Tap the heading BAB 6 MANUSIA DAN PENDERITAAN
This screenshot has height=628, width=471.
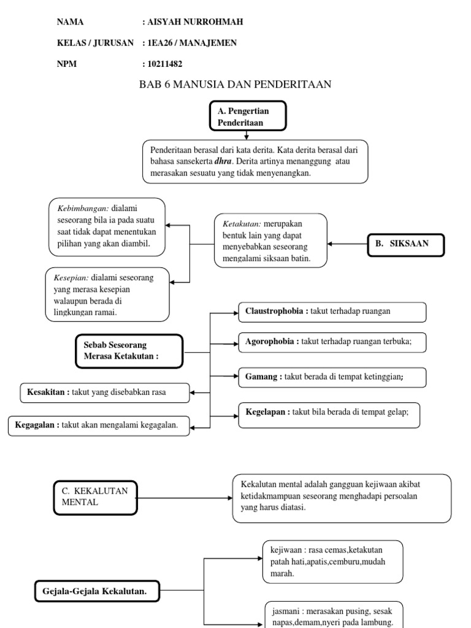click(x=236, y=85)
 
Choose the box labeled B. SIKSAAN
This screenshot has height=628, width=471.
click(x=406, y=243)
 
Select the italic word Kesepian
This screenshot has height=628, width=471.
click(x=71, y=278)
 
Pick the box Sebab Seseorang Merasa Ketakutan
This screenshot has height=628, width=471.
click(x=129, y=351)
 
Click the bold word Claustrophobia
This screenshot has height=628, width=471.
click(x=274, y=312)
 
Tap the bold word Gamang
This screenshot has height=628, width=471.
click(x=261, y=377)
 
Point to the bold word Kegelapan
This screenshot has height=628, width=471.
click(x=267, y=412)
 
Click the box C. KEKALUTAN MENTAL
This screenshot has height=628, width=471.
click(x=94, y=497)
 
